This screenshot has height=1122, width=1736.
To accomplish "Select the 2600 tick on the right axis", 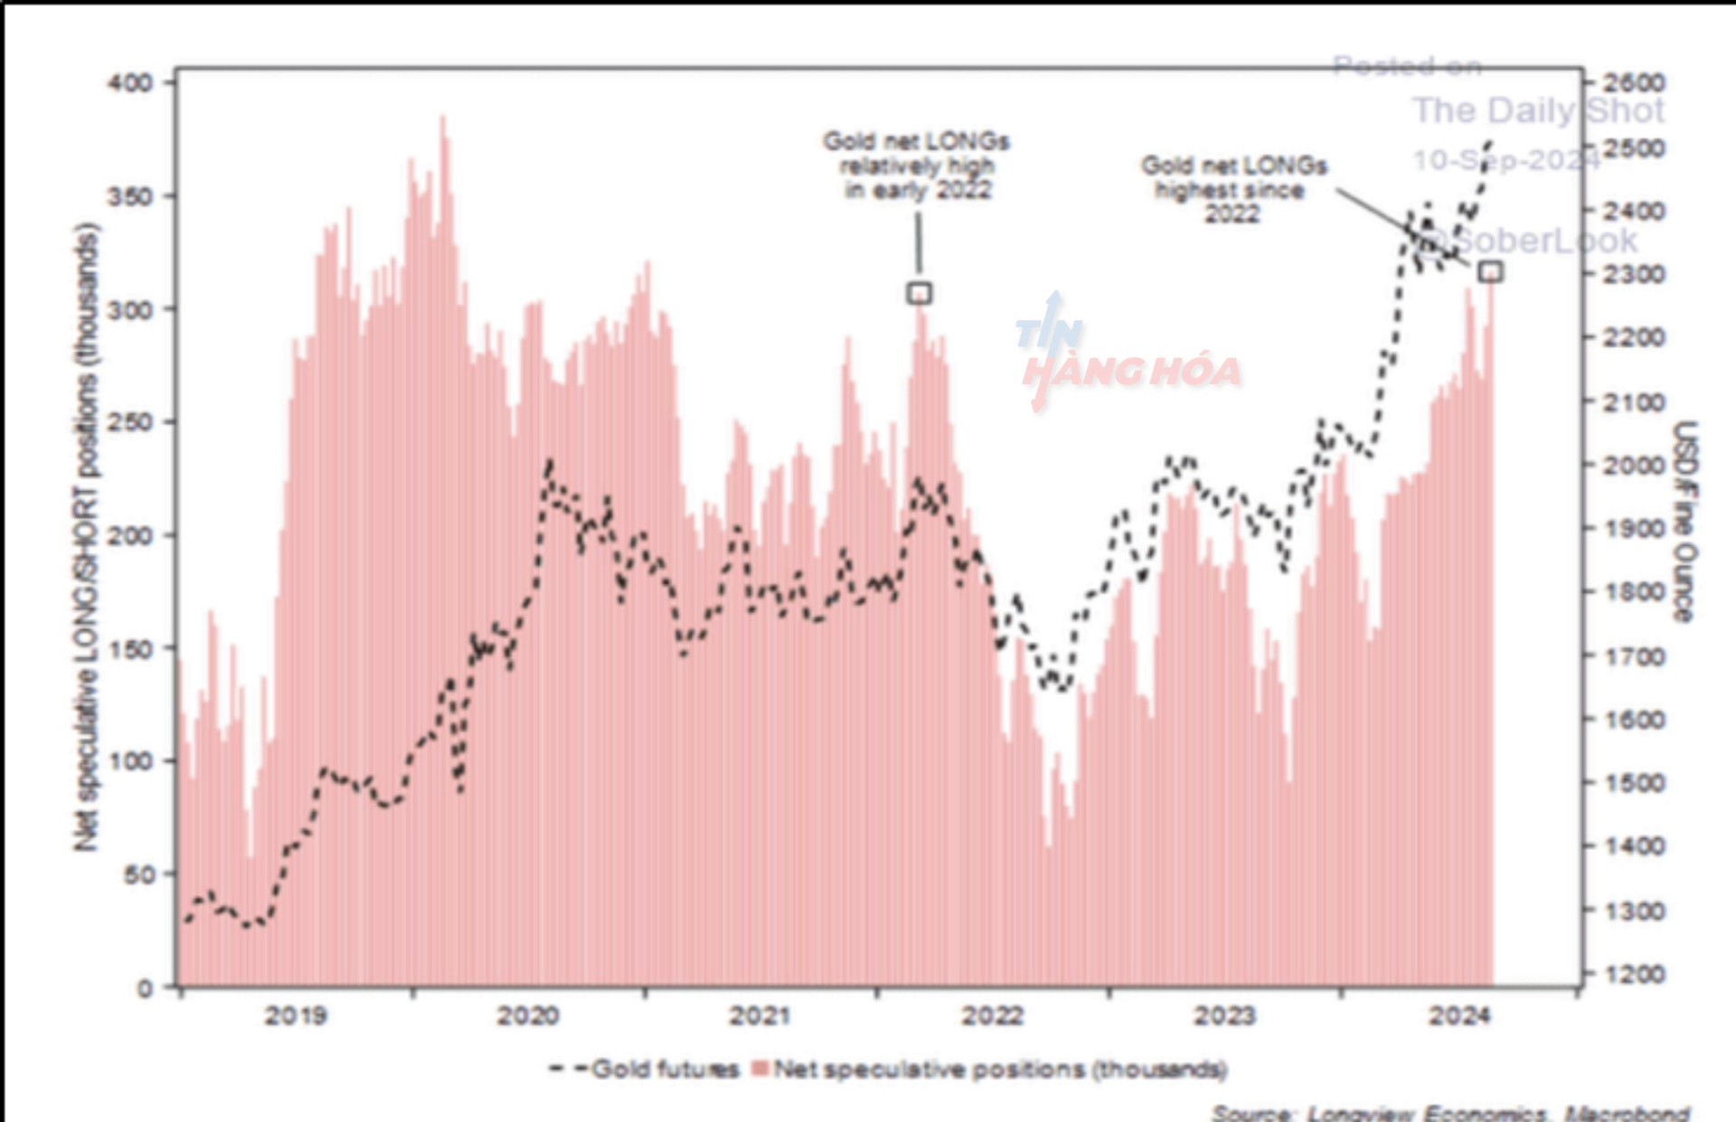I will tap(1633, 83).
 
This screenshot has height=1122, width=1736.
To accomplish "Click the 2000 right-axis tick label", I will tap(1633, 465).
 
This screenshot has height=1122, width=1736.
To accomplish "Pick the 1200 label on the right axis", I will tap(1633, 975).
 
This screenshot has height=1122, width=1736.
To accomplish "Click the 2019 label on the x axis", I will tap(296, 1016).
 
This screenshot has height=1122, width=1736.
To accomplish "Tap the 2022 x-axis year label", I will tap(992, 1016).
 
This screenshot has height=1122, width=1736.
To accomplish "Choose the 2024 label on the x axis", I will tap(1458, 1016).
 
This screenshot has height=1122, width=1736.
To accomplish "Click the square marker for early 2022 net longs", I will tap(919, 293).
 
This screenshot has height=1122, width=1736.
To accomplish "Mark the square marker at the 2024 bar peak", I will tap(1490, 271).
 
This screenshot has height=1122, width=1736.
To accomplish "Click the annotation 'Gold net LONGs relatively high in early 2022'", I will tap(917, 165).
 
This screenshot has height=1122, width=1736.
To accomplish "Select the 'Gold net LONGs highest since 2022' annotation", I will tap(1233, 189).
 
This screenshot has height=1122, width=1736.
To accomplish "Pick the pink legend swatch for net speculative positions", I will tap(760, 1070).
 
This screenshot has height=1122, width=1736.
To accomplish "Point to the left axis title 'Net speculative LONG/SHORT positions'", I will tap(86, 536).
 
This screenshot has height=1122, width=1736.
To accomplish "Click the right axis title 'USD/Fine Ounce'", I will tap(1685, 522).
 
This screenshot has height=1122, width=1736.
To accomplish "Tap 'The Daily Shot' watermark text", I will tap(1538, 110).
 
